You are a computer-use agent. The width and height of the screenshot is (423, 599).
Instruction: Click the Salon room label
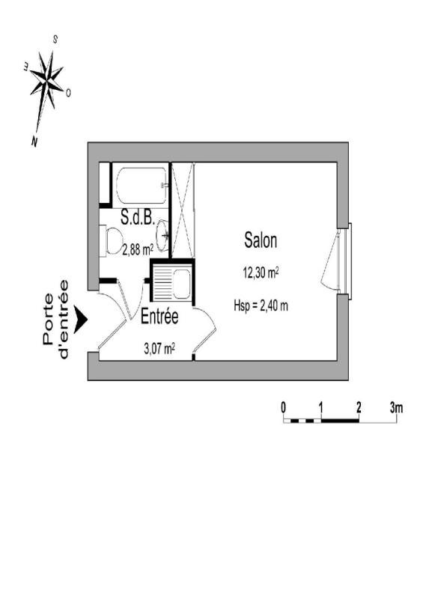261,240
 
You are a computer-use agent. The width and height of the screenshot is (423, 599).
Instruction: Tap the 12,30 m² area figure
261,273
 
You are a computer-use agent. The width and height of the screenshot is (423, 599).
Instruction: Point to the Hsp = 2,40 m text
261,305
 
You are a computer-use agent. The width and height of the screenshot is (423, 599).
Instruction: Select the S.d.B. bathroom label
138,217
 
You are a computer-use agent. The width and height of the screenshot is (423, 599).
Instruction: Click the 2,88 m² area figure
138,250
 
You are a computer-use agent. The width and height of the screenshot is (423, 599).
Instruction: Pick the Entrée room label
159,317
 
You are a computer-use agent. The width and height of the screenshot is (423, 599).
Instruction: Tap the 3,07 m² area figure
159,348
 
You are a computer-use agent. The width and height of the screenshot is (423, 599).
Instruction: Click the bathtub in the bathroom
142,185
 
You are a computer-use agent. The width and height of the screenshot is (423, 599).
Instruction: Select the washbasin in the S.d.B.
162,236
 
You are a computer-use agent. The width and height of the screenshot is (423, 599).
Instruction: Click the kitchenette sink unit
172,284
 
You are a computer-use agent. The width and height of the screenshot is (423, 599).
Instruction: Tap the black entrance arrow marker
81,320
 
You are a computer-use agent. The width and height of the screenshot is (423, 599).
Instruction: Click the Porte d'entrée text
56,320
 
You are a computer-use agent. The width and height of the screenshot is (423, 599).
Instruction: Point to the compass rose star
47,81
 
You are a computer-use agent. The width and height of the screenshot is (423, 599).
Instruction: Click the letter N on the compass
34,142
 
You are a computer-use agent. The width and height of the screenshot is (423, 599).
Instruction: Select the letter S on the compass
55,39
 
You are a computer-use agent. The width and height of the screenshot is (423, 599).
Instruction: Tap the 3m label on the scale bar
397,408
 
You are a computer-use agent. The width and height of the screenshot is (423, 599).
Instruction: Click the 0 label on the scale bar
283,408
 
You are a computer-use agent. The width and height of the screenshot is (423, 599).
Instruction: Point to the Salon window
344,261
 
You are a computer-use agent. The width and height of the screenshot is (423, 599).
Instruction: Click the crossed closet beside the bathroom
183,210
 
